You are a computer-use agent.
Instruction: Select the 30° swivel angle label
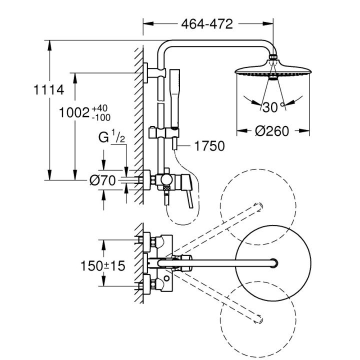272,106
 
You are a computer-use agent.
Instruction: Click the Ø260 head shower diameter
272,131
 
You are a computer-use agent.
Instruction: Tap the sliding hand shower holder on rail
162,133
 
